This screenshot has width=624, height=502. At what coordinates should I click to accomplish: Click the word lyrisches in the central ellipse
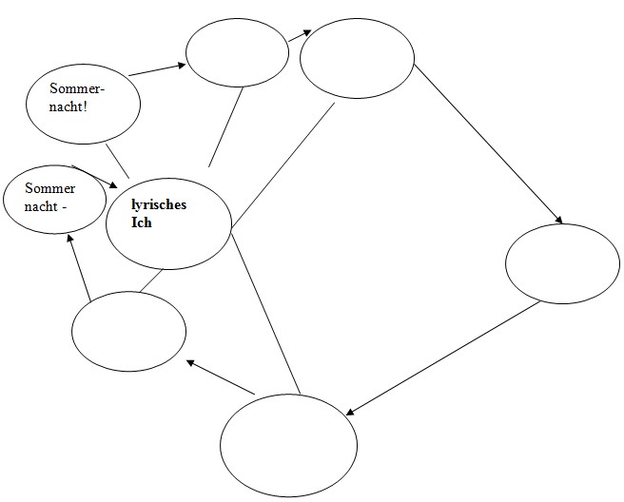(159, 204)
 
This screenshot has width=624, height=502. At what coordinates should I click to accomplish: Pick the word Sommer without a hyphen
(50, 188)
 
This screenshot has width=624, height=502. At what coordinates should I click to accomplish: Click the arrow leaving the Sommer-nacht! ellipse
(157, 69)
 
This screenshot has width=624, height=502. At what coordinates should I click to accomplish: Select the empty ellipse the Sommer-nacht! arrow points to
(237, 52)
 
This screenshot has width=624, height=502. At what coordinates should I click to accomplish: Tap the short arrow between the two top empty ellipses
(301, 36)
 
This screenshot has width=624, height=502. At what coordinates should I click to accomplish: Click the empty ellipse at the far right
(562, 263)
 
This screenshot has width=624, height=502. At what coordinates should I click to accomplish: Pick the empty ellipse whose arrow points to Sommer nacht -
(128, 330)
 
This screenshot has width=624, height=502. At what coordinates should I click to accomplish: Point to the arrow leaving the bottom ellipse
(221, 377)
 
